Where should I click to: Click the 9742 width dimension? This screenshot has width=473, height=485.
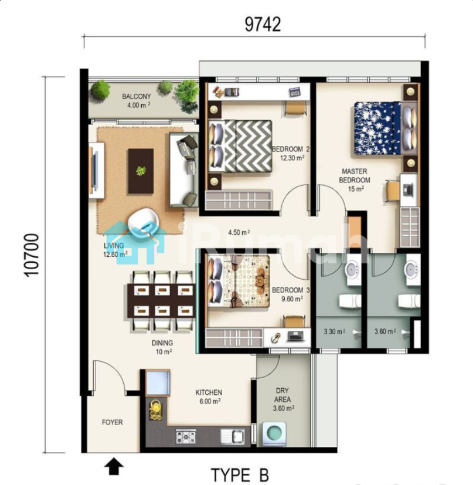point(263,25)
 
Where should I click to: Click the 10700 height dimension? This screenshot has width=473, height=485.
point(31,255)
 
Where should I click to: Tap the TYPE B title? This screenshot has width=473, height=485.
point(240,475)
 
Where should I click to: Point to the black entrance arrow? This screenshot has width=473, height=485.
point(114,466)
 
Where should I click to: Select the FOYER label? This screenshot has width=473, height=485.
point(112,422)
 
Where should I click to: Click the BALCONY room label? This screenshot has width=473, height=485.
point(137,97)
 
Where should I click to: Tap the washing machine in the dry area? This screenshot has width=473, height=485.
point(274,433)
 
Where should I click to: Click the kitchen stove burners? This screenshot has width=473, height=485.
point(186,436)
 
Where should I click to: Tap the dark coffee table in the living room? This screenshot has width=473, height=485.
point(141,171)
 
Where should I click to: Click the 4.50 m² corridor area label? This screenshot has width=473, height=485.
point(239,232)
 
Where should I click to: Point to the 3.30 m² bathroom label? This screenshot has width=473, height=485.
point(335,331)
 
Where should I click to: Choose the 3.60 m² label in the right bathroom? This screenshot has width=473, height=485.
point(385,331)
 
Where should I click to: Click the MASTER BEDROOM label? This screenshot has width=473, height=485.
point(354,176)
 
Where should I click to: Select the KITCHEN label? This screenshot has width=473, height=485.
point(209,392)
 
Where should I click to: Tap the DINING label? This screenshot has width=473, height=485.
point(162,342)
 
